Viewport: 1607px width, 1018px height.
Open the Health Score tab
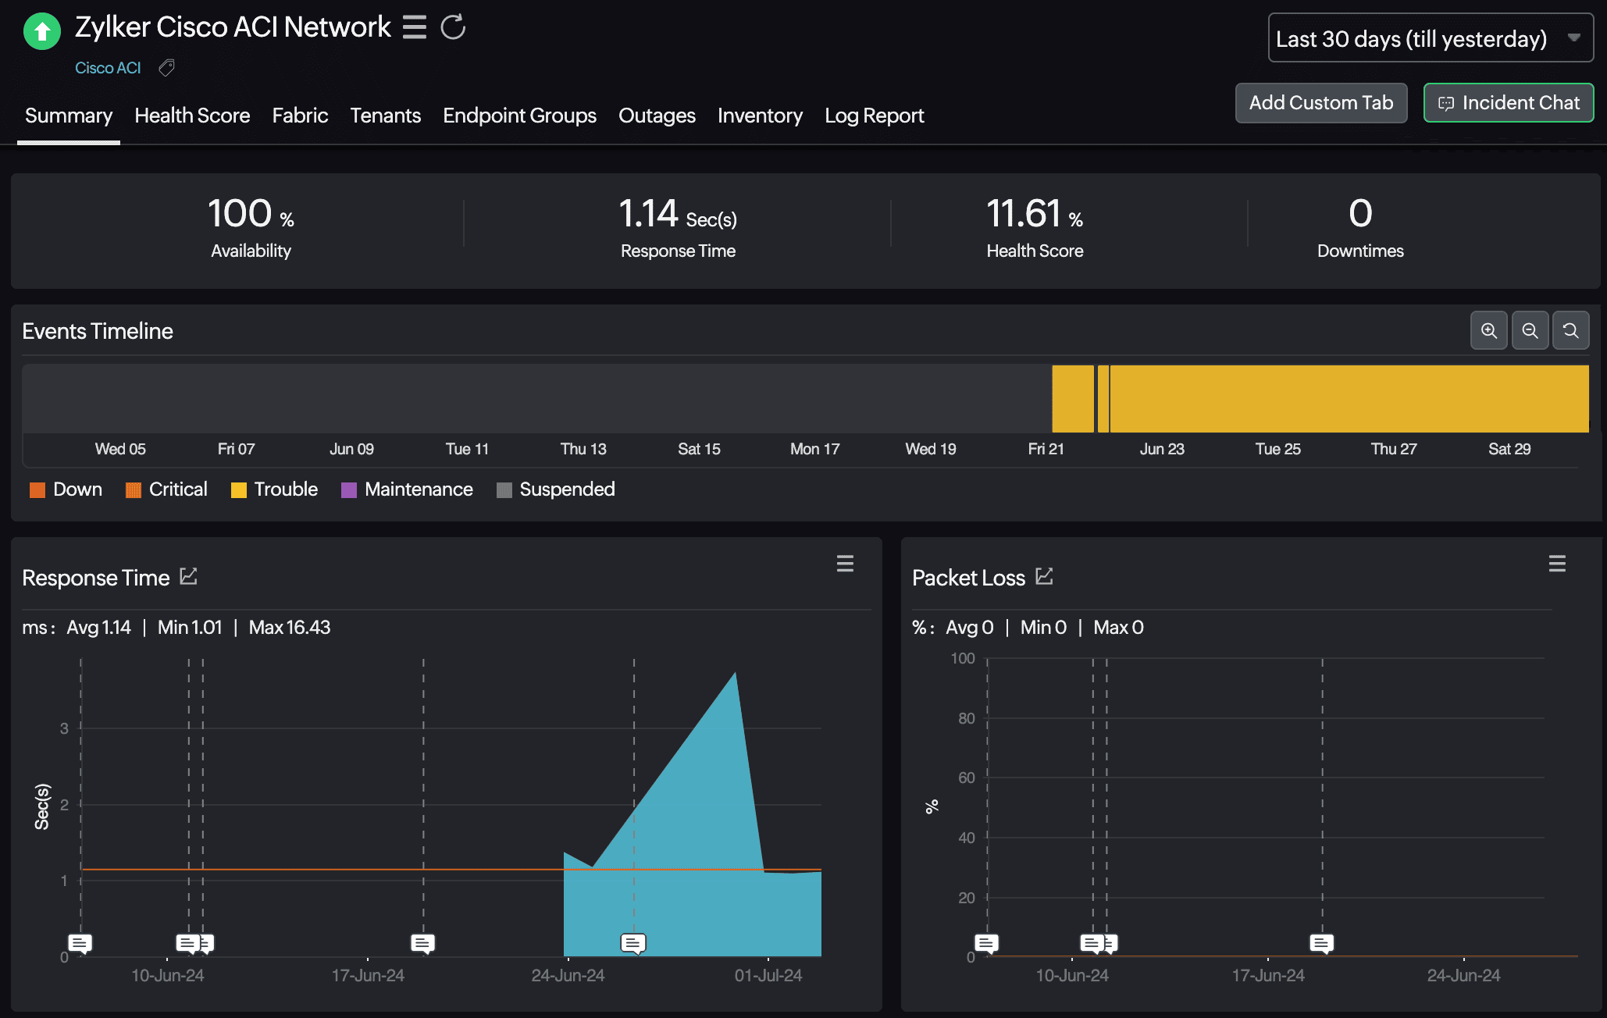coord(192,116)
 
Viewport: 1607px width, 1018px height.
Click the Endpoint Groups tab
coord(519,116)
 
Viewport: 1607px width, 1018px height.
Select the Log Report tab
coord(874,116)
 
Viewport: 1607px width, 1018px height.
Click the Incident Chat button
coord(1508,103)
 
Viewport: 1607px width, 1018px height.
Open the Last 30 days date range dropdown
coord(1430,38)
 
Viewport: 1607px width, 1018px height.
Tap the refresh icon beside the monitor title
coord(453,27)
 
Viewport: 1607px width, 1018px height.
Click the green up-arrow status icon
coord(42,31)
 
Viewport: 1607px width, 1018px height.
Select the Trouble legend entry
coord(275,489)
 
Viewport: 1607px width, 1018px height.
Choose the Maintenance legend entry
coord(408,489)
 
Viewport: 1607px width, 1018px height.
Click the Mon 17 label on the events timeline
coord(814,449)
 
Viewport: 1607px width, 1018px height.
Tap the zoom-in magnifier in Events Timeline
coord(1488,331)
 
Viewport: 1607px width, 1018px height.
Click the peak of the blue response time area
coord(735,674)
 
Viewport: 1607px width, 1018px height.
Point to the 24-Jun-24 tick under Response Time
coord(568,975)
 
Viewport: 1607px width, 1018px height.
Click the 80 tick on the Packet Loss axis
coord(967,718)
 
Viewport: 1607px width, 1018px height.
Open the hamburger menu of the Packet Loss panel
coord(1557,564)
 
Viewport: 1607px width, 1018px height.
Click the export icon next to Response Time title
coord(188,577)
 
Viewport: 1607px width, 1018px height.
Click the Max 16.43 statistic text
coord(289,628)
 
